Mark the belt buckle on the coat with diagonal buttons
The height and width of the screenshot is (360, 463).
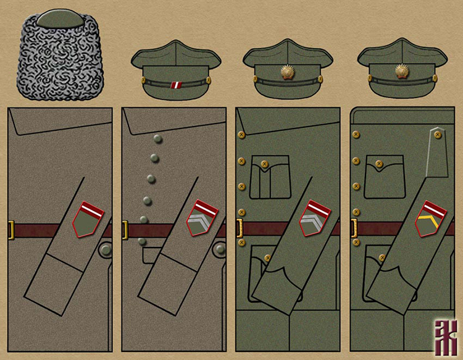(x=125, y=230)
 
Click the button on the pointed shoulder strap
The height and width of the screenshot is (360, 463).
(x=438, y=133)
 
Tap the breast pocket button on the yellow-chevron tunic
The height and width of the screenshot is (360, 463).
(x=378, y=165)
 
